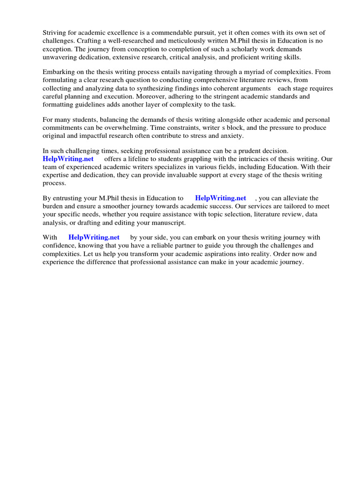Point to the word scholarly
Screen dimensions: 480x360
pos(230,49)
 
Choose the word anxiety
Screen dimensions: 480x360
pos(230,135)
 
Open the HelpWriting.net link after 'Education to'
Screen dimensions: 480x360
pos(220,198)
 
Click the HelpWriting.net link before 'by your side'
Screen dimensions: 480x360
pos(94,237)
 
